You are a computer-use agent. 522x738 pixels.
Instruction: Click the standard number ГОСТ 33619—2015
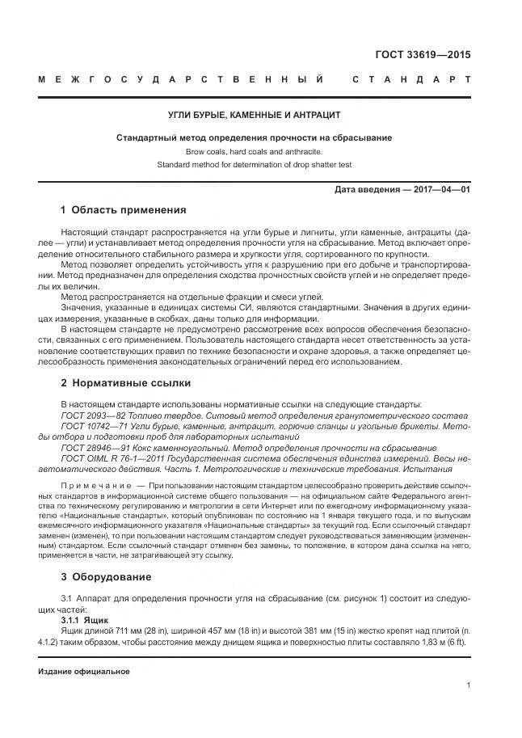423,55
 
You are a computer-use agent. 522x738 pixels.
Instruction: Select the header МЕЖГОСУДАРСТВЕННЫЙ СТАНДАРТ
254,80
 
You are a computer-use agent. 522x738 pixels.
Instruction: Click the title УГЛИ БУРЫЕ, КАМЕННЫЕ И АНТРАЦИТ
254,116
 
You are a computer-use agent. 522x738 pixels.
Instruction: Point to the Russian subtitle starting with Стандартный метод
254,137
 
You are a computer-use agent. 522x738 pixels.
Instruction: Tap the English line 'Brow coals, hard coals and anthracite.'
254,151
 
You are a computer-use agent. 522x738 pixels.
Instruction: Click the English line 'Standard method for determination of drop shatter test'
254,165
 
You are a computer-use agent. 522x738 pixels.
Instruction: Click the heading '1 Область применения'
123,210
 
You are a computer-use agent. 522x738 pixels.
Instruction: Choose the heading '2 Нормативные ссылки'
125,382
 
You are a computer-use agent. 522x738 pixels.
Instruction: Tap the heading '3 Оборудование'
106,576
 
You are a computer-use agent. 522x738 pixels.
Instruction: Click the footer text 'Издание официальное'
83,672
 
